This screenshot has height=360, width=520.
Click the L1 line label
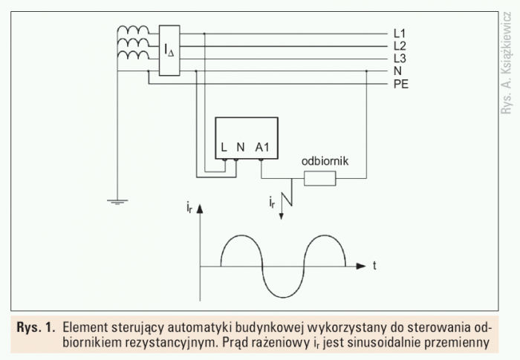[x=400, y=33]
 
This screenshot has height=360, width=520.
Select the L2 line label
[x=400, y=46]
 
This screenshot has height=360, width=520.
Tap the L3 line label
[x=400, y=59]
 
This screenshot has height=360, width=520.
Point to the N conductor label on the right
[x=397, y=71]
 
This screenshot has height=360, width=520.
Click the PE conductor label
[x=401, y=84]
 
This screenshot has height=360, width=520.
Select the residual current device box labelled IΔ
[x=169, y=50]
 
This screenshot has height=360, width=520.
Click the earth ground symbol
[x=117, y=202]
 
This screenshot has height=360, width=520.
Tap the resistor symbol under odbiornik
[x=319, y=178]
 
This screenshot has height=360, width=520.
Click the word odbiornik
[x=325, y=161]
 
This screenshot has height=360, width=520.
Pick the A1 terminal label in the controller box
[x=262, y=147]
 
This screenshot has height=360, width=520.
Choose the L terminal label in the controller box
[x=224, y=147]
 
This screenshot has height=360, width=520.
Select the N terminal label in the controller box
[x=241, y=147]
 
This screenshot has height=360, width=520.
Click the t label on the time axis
[x=374, y=266]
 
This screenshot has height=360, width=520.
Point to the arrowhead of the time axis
[x=361, y=266]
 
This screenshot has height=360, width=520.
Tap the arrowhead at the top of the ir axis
[x=200, y=209]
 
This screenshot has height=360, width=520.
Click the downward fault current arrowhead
[x=282, y=217]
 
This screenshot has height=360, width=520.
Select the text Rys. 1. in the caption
[x=36, y=327]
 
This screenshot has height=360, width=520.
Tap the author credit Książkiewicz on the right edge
[x=507, y=41]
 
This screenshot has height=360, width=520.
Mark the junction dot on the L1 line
[x=204, y=33]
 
